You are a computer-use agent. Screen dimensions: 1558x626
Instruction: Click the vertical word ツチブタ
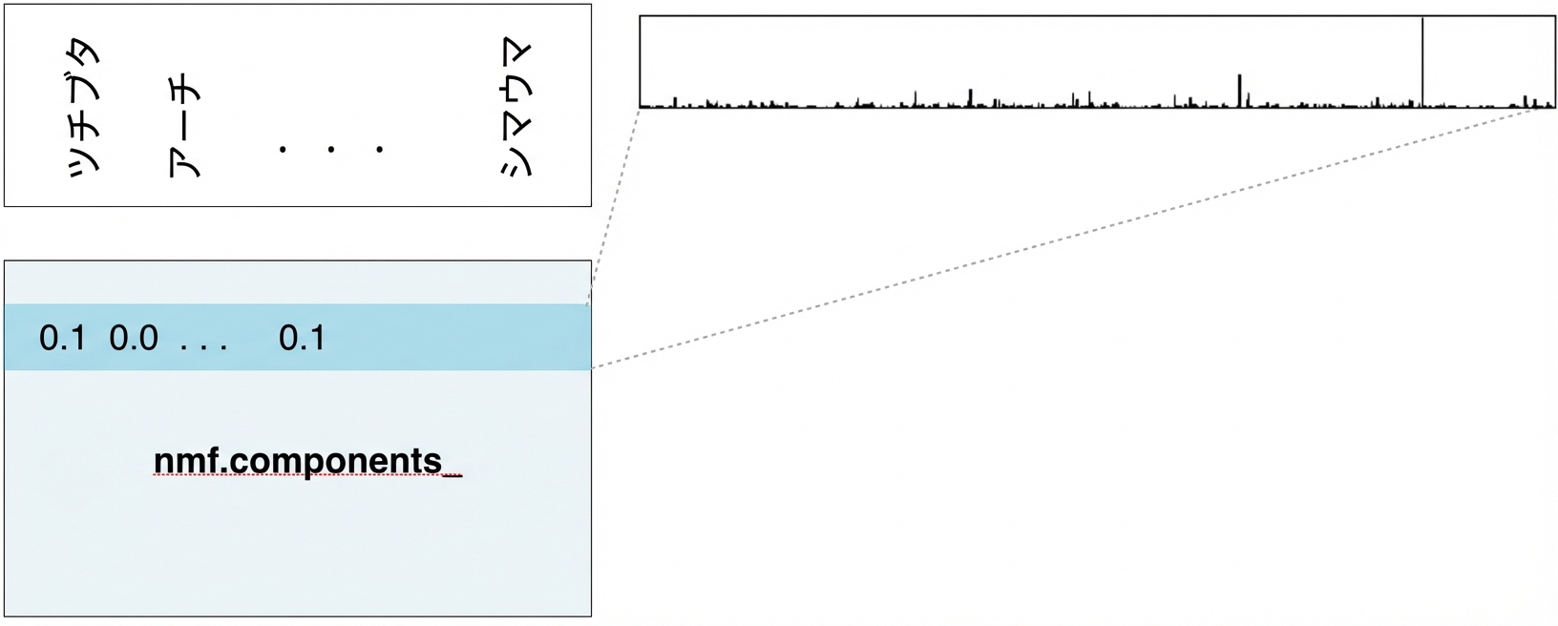click(x=84, y=108)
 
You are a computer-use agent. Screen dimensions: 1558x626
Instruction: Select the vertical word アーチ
click(x=184, y=128)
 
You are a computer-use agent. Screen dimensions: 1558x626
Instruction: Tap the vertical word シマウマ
click(x=516, y=108)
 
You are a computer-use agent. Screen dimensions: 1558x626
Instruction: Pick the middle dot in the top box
click(x=331, y=149)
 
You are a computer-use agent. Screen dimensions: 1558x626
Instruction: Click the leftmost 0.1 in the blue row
click(x=63, y=339)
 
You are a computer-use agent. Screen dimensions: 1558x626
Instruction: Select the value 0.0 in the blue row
click(x=134, y=339)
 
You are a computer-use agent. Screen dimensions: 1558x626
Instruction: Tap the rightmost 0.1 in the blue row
click(x=302, y=339)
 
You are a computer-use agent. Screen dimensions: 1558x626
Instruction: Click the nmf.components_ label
click(x=307, y=461)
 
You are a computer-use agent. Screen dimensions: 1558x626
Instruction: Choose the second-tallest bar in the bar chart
click(x=1239, y=91)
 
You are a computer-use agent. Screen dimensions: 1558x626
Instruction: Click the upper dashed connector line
click(x=614, y=206)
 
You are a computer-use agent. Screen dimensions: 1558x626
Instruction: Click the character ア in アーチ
click(x=184, y=163)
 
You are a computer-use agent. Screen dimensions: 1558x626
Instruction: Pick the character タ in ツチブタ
click(x=84, y=54)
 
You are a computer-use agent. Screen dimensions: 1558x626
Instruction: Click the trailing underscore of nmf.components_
click(x=453, y=476)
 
